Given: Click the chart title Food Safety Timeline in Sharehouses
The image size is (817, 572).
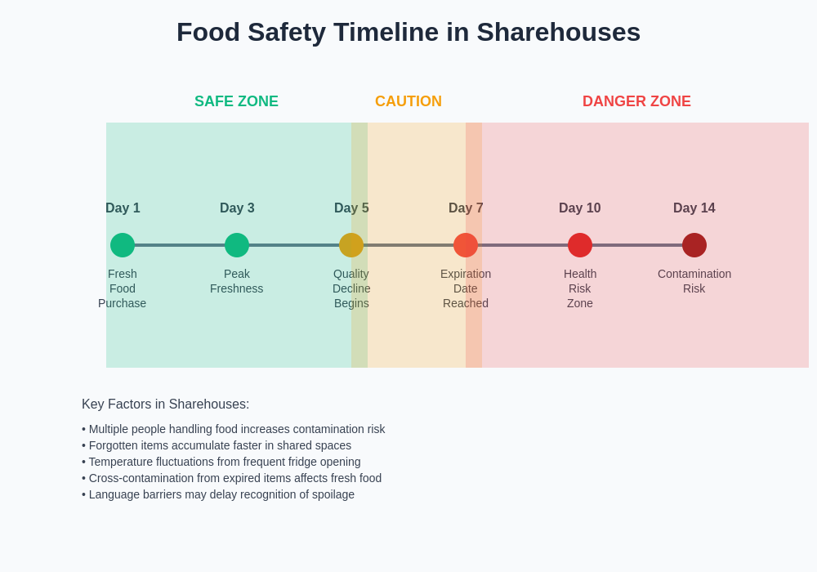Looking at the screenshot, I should [x=408, y=33].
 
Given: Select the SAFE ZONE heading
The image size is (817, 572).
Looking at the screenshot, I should [x=236, y=101].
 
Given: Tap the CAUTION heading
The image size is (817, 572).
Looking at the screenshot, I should [x=408, y=101].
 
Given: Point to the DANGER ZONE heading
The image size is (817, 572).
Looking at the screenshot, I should [x=636, y=101].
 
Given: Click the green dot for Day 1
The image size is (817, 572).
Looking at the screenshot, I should [x=123, y=245].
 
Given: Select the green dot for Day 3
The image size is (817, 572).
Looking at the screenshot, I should [x=237, y=245].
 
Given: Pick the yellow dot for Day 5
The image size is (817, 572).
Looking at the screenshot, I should [x=351, y=245].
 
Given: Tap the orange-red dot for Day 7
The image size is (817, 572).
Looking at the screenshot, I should [x=466, y=245].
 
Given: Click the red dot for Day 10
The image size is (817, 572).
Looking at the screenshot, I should [x=580, y=245].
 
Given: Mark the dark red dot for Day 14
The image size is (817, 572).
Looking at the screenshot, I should [x=694, y=245].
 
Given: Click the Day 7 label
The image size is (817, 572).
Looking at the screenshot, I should [x=466, y=208].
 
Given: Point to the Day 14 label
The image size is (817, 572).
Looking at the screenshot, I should [x=694, y=208].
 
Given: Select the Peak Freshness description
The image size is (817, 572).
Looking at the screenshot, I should [x=237, y=281].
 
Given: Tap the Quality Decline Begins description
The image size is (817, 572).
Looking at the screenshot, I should [x=351, y=288].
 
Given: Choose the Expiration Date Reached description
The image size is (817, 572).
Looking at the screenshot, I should [x=466, y=288].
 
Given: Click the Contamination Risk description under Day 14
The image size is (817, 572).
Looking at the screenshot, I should [x=694, y=281].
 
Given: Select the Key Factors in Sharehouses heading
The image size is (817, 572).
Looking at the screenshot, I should [x=166, y=404].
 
